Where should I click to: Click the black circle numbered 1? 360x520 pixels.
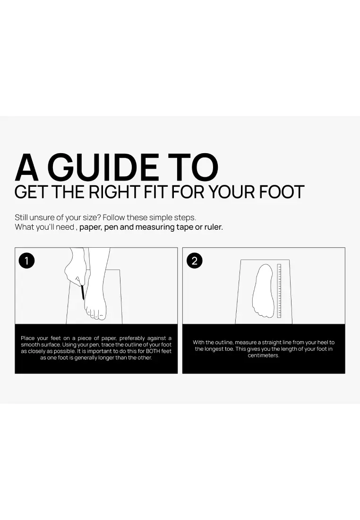(26, 260)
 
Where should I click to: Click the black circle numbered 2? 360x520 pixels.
(195, 260)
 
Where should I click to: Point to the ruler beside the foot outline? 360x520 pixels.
(279, 291)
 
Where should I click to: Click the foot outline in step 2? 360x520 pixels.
(264, 291)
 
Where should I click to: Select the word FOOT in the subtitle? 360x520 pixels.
(282, 192)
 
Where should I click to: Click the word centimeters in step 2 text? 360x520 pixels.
(264, 355)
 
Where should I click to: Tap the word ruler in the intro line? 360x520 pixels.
(214, 227)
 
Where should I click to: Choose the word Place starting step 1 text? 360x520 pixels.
(27, 338)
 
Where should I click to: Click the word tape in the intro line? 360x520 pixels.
(185, 227)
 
